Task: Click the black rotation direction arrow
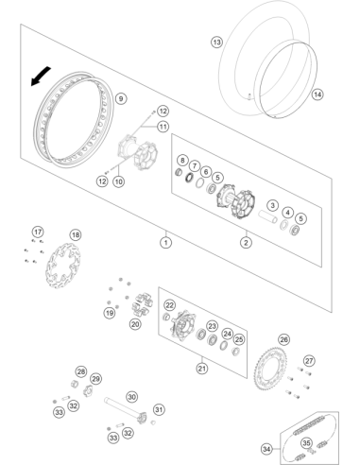pyautogui.click(x=40, y=76)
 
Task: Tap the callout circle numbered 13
pyautogui.click(x=216, y=42)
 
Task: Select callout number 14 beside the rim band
pyautogui.click(x=317, y=95)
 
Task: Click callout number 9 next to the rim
pyautogui.click(x=121, y=98)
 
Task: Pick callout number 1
pyautogui.click(x=166, y=242)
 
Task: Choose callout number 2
pyautogui.click(x=246, y=242)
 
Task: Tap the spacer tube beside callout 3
pyautogui.click(x=267, y=216)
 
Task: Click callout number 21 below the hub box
pyautogui.click(x=202, y=368)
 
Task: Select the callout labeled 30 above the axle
pyautogui.click(x=132, y=397)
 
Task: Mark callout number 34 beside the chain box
pyautogui.click(x=266, y=449)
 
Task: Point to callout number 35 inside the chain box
pyautogui.click(x=306, y=443)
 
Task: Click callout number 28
pyautogui.click(x=81, y=371)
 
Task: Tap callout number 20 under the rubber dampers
pyautogui.click(x=135, y=324)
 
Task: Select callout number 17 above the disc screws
pyautogui.click(x=38, y=232)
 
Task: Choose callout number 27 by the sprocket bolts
pyautogui.click(x=309, y=361)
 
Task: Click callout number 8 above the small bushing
pyautogui.click(x=182, y=160)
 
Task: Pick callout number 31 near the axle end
pyautogui.click(x=159, y=409)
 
